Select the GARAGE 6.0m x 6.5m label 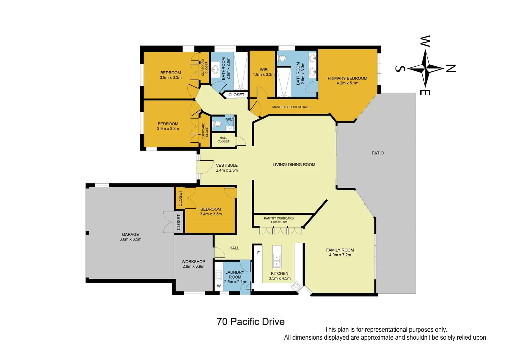(x=130, y=237)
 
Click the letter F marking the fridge (x=258, y=253)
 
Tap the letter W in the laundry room (x=219, y=286)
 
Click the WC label (x=229, y=119)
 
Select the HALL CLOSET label (x=223, y=140)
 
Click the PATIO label (x=377, y=153)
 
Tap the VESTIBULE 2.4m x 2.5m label (x=227, y=168)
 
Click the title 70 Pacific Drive (x=251, y=322)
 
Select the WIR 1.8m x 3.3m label (x=263, y=72)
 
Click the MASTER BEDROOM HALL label (x=290, y=107)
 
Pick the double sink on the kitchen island (x=276, y=261)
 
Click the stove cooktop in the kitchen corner (x=296, y=286)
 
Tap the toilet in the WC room (x=217, y=124)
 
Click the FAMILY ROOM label (x=340, y=252)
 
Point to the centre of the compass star (x=425, y=68)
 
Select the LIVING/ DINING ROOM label (x=294, y=165)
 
